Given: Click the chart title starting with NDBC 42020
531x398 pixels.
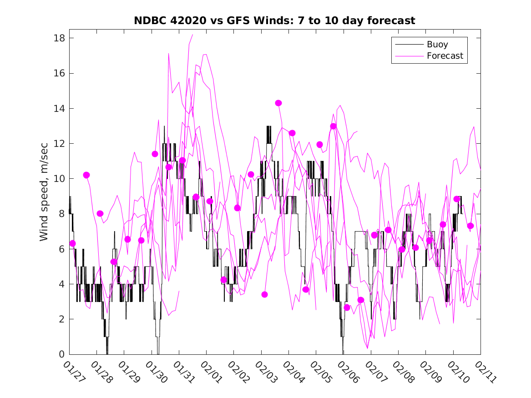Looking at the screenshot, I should pyautogui.click(x=274, y=21).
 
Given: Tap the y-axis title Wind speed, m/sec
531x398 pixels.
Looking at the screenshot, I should pyautogui.click(x=44, y=196).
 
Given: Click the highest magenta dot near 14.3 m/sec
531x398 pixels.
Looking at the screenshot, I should pyautogui.click(x=278, y=103).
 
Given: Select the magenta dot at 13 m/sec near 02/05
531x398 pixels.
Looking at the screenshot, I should pyautogui.click(x=333, y=126).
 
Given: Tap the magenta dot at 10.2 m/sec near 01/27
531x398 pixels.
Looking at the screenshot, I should pyautogui.click(x=86, y=175).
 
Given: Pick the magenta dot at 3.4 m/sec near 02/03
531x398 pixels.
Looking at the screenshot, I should pyautogui.click(x=265, y=294).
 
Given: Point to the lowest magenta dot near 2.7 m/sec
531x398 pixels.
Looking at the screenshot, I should pyautogui.click(x=347, y=307).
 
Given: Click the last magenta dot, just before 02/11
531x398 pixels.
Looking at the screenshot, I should pyautogui.click(x=470, y=226).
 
